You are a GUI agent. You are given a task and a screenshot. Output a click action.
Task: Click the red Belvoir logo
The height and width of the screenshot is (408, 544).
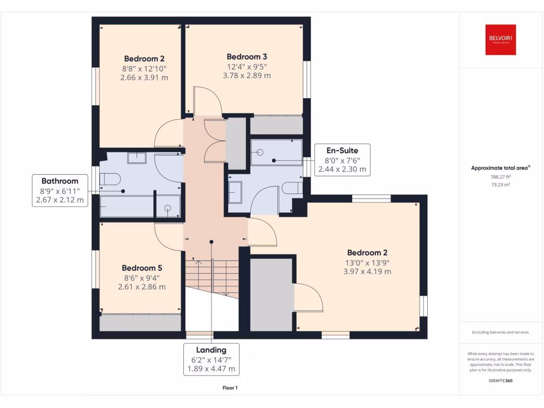[500, 40]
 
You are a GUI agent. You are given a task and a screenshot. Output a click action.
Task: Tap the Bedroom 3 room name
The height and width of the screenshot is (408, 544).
[246, 57]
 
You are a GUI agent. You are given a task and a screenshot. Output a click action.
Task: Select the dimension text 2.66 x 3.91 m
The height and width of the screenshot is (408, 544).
[144, 77]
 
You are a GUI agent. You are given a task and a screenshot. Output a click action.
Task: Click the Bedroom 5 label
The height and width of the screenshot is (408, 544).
[141, 268]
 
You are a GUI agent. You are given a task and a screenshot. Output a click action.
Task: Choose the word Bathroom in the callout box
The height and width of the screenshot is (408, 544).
[61, 181]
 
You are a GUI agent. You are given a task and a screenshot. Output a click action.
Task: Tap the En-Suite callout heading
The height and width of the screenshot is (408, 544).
[342, 150]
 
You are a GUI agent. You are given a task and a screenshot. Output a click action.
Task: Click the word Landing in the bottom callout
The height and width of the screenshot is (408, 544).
[211, 350]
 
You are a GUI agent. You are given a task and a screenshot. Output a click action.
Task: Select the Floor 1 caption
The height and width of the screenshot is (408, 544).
[230, 388]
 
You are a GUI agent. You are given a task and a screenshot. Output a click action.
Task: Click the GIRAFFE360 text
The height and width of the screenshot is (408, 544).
[500, 381]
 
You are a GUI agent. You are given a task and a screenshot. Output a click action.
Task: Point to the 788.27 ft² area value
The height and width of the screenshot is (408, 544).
[500, 177]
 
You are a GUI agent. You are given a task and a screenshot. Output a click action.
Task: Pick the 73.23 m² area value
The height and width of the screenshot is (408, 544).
[500, 185]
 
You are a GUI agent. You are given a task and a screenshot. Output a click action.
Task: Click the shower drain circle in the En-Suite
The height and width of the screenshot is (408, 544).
[260, 152]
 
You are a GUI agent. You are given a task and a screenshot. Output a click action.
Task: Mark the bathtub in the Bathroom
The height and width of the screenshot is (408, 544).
[125, 206]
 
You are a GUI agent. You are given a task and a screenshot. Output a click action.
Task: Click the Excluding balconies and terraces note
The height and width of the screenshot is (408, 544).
[500, 333]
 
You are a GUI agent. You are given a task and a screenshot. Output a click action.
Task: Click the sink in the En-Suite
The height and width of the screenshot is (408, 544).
[235, 192]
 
